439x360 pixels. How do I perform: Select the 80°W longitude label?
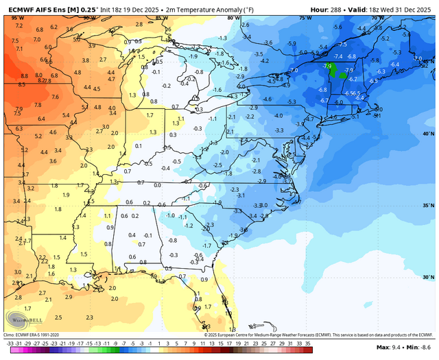(x=233, y=18)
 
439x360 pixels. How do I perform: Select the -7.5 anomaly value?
(x=342, y=45)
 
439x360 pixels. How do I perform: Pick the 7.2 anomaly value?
(x=19, y=25)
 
